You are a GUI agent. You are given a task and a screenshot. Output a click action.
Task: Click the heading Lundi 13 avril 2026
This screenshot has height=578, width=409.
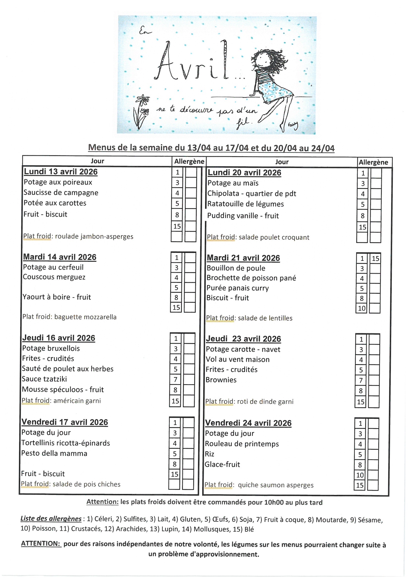60,172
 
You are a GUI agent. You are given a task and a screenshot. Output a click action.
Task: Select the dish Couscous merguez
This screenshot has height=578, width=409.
54,277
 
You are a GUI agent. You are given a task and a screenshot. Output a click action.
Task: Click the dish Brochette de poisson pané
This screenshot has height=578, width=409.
251,278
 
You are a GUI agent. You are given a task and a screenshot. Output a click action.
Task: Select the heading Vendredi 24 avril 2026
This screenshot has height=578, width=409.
248,423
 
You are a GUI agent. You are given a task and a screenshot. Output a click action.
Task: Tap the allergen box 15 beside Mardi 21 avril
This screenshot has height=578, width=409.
375,259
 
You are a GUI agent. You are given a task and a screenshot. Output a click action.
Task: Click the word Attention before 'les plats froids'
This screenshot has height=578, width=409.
102,502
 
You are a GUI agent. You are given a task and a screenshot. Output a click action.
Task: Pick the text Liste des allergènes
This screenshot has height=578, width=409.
51,519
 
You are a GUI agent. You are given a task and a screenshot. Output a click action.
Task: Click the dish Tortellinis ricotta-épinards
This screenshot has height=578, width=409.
66,443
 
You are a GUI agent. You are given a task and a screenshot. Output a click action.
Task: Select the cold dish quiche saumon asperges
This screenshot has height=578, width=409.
275,485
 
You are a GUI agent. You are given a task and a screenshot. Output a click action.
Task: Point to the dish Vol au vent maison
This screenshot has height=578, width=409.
237,359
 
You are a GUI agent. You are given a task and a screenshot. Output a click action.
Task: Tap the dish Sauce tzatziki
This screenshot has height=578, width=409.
44,379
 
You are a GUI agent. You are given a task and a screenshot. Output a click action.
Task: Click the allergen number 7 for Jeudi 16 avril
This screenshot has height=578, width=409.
175,379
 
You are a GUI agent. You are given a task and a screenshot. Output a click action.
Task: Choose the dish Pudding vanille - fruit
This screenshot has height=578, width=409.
243,216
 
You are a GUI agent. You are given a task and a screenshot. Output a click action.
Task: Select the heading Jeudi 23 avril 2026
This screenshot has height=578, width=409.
243,339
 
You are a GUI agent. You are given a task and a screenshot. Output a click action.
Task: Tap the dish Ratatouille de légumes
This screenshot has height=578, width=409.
245,204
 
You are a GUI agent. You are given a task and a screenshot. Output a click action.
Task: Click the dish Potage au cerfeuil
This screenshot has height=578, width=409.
53,267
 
